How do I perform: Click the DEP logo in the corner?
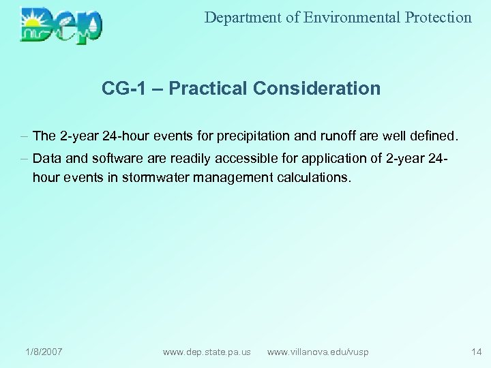point(61,25)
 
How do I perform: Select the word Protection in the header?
point(438,18)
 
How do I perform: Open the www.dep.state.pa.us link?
point(207,352)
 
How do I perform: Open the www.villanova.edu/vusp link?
point(318,352)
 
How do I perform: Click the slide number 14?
point(476,352)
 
